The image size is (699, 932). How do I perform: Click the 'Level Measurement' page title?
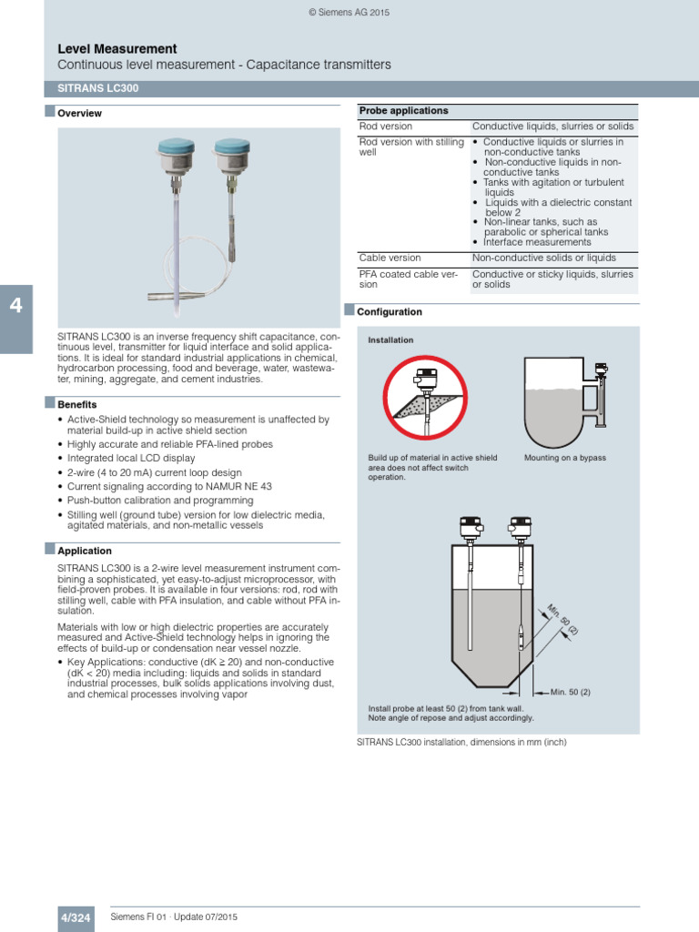pyautogui.click(x=117, y=48)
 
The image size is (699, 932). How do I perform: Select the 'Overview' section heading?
pyautogui.click(x=79, y=114)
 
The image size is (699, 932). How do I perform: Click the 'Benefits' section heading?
pyautogui.click(x=77, y=404)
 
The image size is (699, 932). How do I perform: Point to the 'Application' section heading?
pyautogui.click(x=85, y=551)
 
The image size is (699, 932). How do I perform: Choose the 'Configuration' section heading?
pyautogui.click(x=389, y=312)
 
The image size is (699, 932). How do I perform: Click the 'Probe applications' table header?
pyautogui.click(x=403, y=111)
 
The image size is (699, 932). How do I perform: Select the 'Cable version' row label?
pyautogui.click(x=390, y=258)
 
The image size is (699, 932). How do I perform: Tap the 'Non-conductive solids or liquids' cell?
pyautogui.click(x=543, y=258)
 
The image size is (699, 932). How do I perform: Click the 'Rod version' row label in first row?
pyautogui.click(x=386, y=127)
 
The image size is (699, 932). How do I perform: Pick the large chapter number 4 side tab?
pyautogui.click(x=15, y=306)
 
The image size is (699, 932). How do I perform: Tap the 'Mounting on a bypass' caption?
pyautogui.click(x=564, y=458)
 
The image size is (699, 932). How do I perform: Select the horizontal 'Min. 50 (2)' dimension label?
pyautogui.click(x=571, y=693)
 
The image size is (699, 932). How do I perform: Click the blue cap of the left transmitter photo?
pyautogui.click(x=172, y=146)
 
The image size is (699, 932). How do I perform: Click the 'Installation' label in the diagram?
pyautogui.click(x=390, y=340)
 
